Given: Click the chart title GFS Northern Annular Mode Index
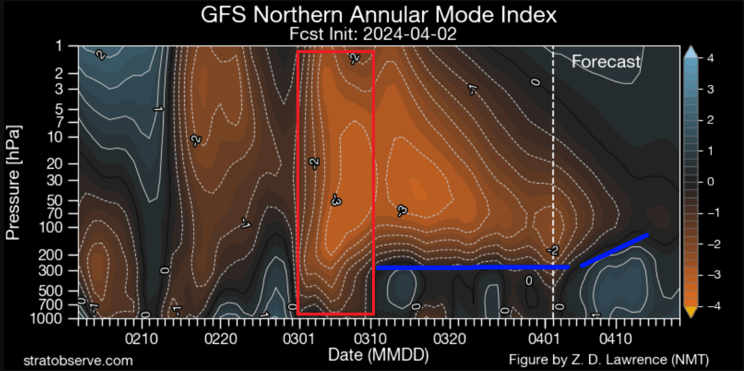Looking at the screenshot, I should [x=378, y=15].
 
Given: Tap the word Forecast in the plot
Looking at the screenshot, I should [x=606, y=61].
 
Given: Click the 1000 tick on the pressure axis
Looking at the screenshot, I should [x=61, y=319].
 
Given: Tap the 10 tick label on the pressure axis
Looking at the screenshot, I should [x=64, y=137].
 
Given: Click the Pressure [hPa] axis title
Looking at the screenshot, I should [x=13, y=182].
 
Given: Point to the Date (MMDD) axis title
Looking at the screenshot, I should [x=378, y=355].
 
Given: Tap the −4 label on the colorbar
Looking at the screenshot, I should [x=711, y=306].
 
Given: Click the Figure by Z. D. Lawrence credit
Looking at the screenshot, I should [x=608, y=360].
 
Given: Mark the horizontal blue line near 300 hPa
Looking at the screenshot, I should [x=472, y=268].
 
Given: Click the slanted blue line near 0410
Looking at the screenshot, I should [x=614, y=250].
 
